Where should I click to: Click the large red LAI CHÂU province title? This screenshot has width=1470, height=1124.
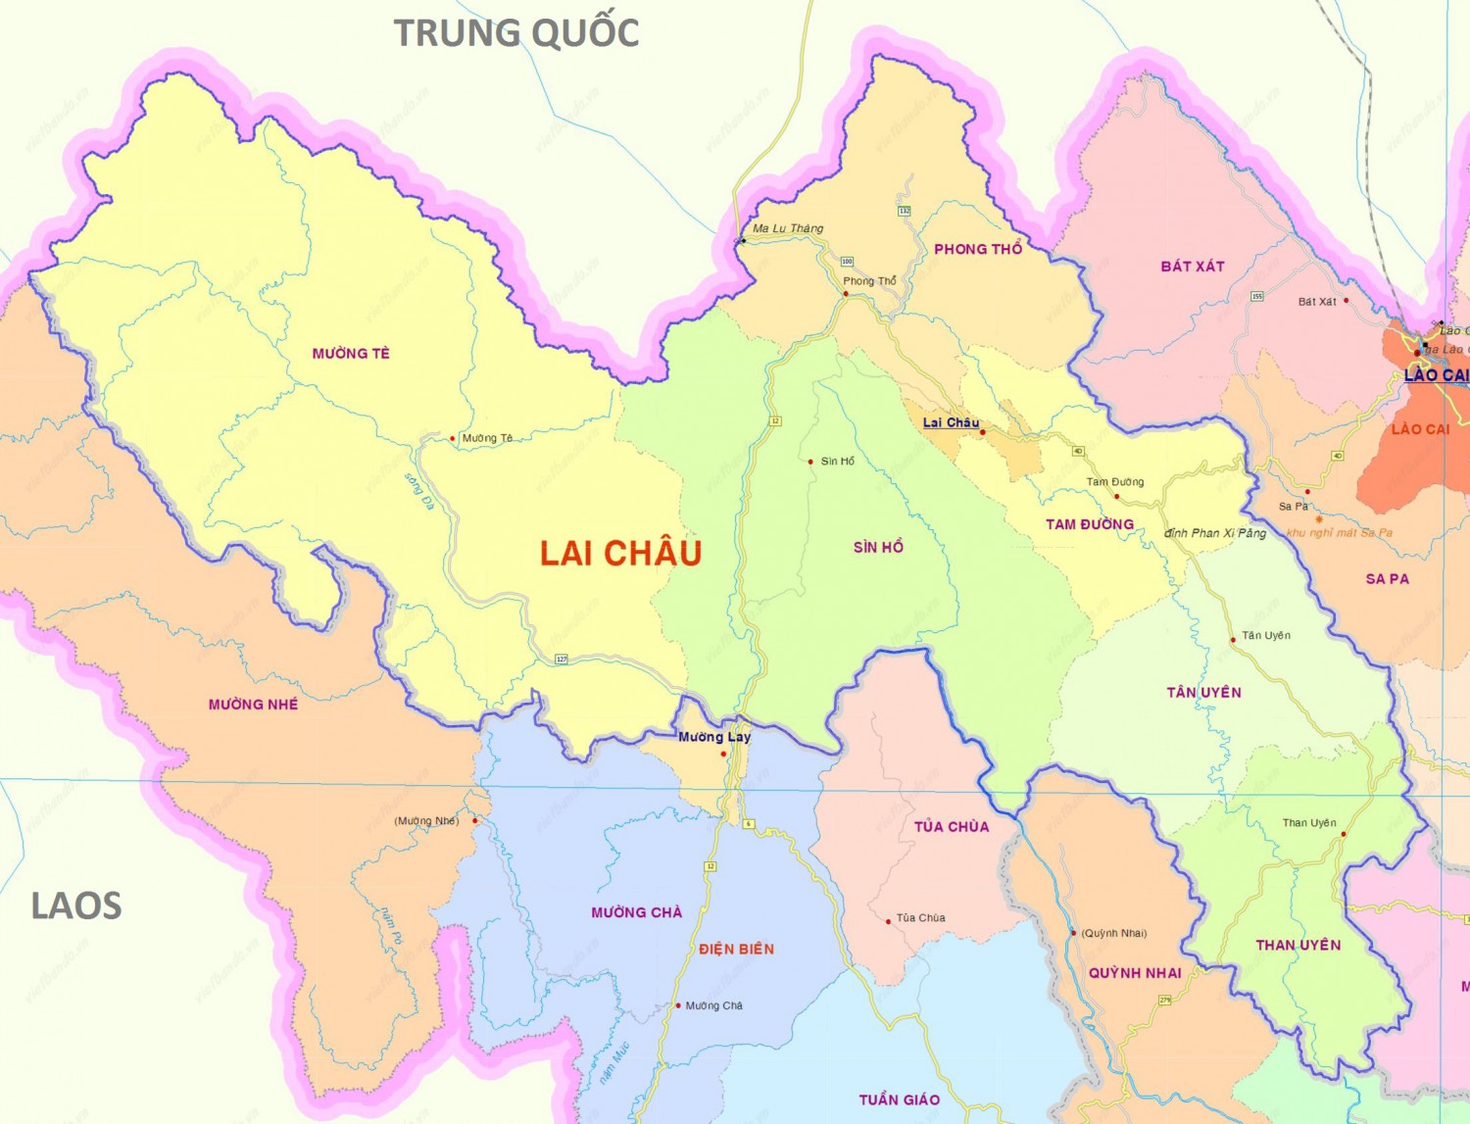(x=620, y=554)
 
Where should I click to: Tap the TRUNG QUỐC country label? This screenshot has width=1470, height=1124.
(x=516, y=32)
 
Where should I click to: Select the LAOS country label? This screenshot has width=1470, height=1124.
(x=76, y=906)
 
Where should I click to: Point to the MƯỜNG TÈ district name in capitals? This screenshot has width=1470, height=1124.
(x=351, y=354)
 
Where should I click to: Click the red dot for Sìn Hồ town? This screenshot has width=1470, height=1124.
(x=810, y=462)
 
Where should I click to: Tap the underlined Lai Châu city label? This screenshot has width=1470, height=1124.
(x=951, y=422)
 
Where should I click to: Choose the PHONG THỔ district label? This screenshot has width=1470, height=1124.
(x=978, y=249)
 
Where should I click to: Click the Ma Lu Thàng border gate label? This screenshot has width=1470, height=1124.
(x=788, y=228)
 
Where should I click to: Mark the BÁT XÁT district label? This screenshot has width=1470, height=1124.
(x=1193, y=267)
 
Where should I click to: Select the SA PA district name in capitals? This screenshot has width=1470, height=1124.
(x=1387, y=579)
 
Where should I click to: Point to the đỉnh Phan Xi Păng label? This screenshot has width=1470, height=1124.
(x=1215, y=533)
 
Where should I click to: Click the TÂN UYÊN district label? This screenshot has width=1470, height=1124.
(x=1203, y=693)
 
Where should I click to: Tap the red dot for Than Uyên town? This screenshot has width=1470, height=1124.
(x=1344, y=834)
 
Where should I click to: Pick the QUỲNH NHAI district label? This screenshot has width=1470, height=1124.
(x=1135, y=973)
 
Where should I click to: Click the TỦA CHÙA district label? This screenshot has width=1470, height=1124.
(x=952, y=827)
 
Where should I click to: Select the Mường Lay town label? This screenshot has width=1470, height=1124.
(x=714, y=737)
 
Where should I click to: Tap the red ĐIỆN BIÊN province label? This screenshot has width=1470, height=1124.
(x=736, y=950)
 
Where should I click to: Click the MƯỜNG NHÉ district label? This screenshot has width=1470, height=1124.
(x=253, y=705)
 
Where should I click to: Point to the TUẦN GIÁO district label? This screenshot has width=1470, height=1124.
(x=899, y=1100)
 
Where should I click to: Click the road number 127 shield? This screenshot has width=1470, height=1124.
(x=562, y=660)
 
